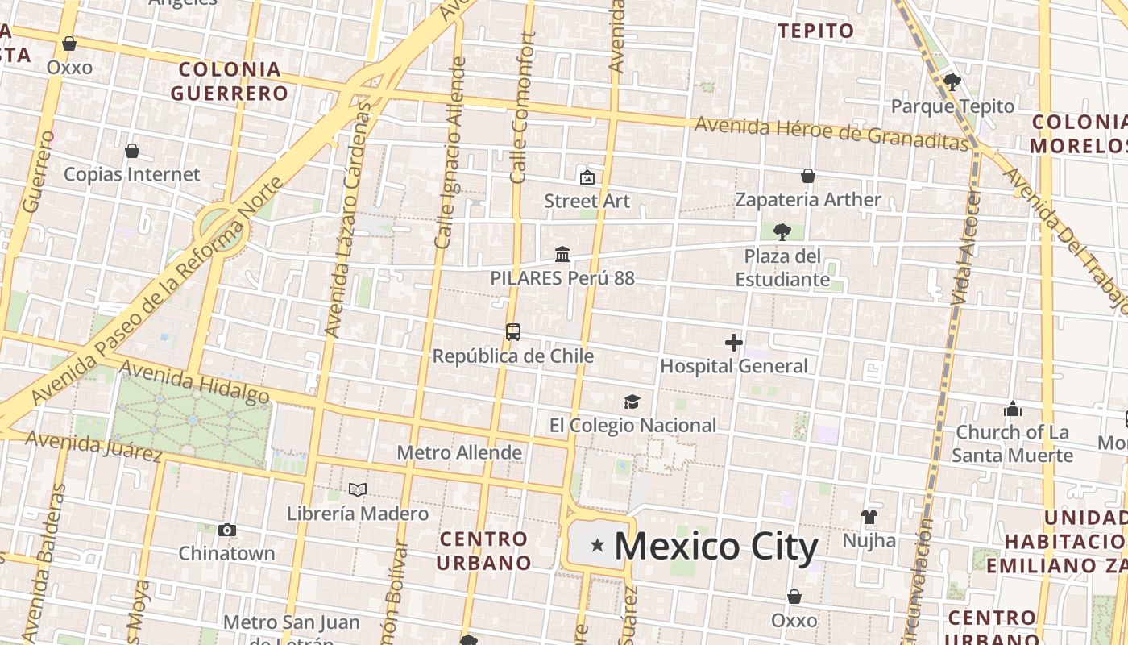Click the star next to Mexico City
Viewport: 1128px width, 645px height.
(x=597, y=546)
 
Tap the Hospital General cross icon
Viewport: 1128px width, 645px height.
(x=733, y=343)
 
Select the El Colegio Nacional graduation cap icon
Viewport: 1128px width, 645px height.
(x=632, y=402)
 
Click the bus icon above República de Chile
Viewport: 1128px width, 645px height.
(x=513, y=331)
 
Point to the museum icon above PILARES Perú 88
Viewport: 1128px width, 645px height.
(x=562, y=255)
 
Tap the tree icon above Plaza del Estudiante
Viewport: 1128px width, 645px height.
(x=782, y=232)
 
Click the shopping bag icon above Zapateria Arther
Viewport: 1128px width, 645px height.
(x=808, y=176)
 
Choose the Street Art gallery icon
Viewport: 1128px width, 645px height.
(x=587, y=177)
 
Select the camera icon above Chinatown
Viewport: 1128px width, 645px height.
(x=227, y=530)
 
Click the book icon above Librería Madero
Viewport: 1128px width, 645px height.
(x=358, y=489)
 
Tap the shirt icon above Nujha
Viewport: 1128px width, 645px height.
(x=869, y=516)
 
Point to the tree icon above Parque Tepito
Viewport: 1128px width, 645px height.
(x=952, y=81)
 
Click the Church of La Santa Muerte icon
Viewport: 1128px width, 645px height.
(x=1013, y=409)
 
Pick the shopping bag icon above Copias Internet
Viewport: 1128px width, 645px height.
(x=132, y=151)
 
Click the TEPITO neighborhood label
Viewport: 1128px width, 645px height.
(x=815, y=31)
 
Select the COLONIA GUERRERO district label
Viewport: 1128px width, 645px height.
(x=230, y=81)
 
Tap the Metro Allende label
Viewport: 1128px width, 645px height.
(x=459, y=452)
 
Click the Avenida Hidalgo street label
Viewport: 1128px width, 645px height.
(x=193, y=381)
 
